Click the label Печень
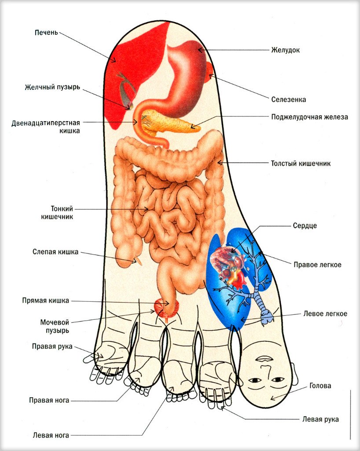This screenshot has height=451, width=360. (x=46, y=33)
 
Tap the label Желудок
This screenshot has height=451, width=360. (x=285, y=50)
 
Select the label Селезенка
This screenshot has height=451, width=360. (x=288, y=100)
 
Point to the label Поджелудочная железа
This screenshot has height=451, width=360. (x=309, y=117)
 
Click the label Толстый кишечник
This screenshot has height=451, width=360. (x=301, y=163)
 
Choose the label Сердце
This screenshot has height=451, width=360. (x=305, y=226)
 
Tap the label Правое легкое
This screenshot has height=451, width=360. (x=317, y=265)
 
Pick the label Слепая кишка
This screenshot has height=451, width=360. (x=55, y=252)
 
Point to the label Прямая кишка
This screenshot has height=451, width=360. (x=46, y=301)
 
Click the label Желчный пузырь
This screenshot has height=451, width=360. (x=52, y=87)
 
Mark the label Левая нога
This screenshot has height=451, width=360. (x=51, y=435)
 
